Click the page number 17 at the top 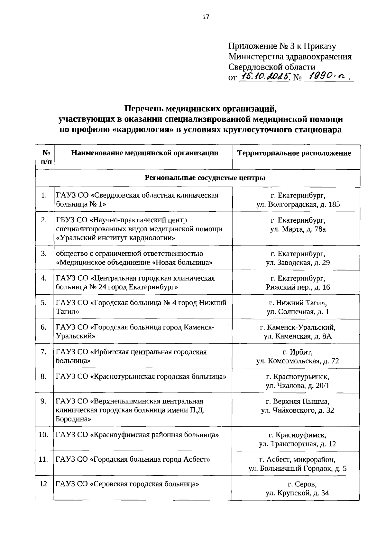point(206,17)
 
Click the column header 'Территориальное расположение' point(294,153)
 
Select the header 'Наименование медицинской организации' point(145,153)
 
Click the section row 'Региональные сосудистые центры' point(205,178)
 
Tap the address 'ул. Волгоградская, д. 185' point(298,204)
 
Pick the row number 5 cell point(44,303)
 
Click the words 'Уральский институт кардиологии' point(116,238)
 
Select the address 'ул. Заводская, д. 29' point(298,263)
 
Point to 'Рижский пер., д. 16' point(298,287)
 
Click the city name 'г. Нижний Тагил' point(298,303)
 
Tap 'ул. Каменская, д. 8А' point(298,337)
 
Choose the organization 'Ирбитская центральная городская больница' point(131,356)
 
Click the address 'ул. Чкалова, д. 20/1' point(298,385)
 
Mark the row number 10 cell point(43,435)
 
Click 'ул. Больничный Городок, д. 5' point(298,468)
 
